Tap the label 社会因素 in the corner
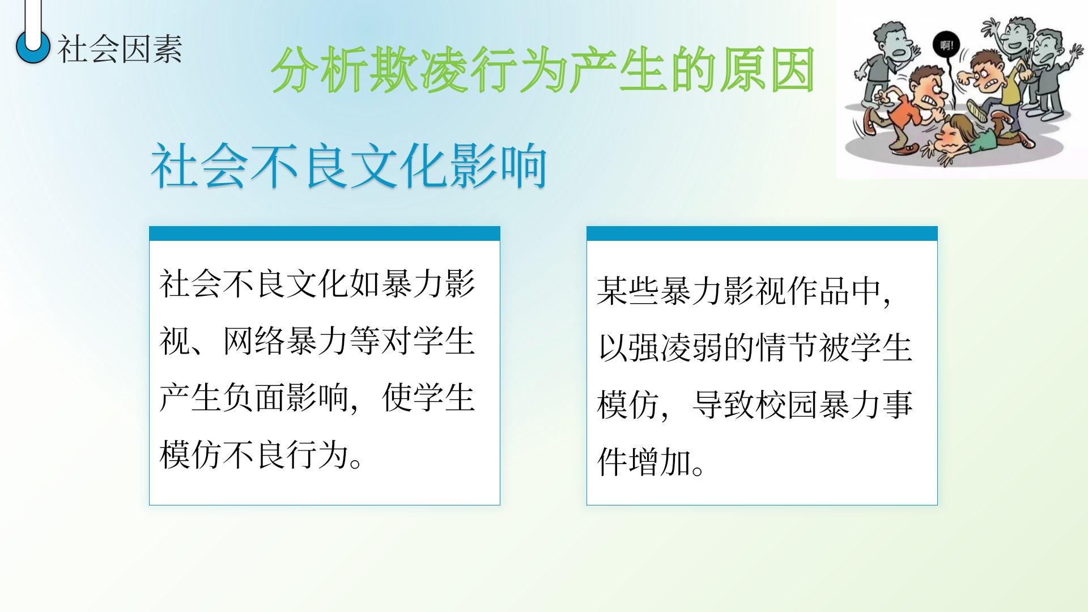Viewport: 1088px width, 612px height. coord(120,49)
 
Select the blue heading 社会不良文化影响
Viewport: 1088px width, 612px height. coord(349,166)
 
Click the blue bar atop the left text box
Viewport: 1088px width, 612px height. coord(325,233)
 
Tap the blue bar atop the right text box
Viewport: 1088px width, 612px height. coord(762,233)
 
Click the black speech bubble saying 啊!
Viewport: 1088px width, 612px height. coord(946,45)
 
